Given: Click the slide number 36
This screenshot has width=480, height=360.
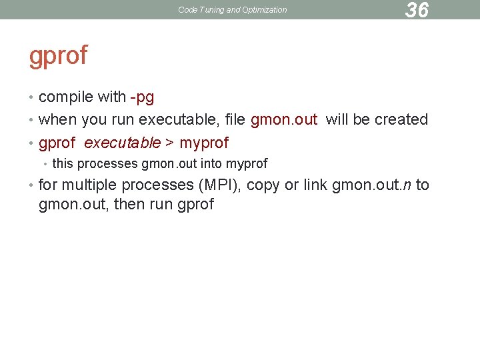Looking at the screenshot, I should coord(417,10).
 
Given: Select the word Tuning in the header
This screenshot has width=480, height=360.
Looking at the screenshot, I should coord(211,10).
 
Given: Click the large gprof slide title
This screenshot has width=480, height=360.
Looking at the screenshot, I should coord(58,55).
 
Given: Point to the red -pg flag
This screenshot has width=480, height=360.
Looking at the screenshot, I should coord(142,97).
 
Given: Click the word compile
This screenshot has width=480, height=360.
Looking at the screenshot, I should coord(66,97).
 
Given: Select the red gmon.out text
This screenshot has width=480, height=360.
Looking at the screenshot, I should coord(284,120).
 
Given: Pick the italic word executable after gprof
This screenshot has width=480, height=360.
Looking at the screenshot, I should coord(122,143).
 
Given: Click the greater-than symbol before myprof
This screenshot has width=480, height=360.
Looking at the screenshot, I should coord(170,143).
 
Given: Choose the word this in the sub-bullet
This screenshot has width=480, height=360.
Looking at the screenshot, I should coord(63,163).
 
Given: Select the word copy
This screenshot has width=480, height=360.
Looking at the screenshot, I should coord(263,185).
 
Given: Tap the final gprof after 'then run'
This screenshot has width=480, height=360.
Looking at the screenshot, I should coord(196,204).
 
